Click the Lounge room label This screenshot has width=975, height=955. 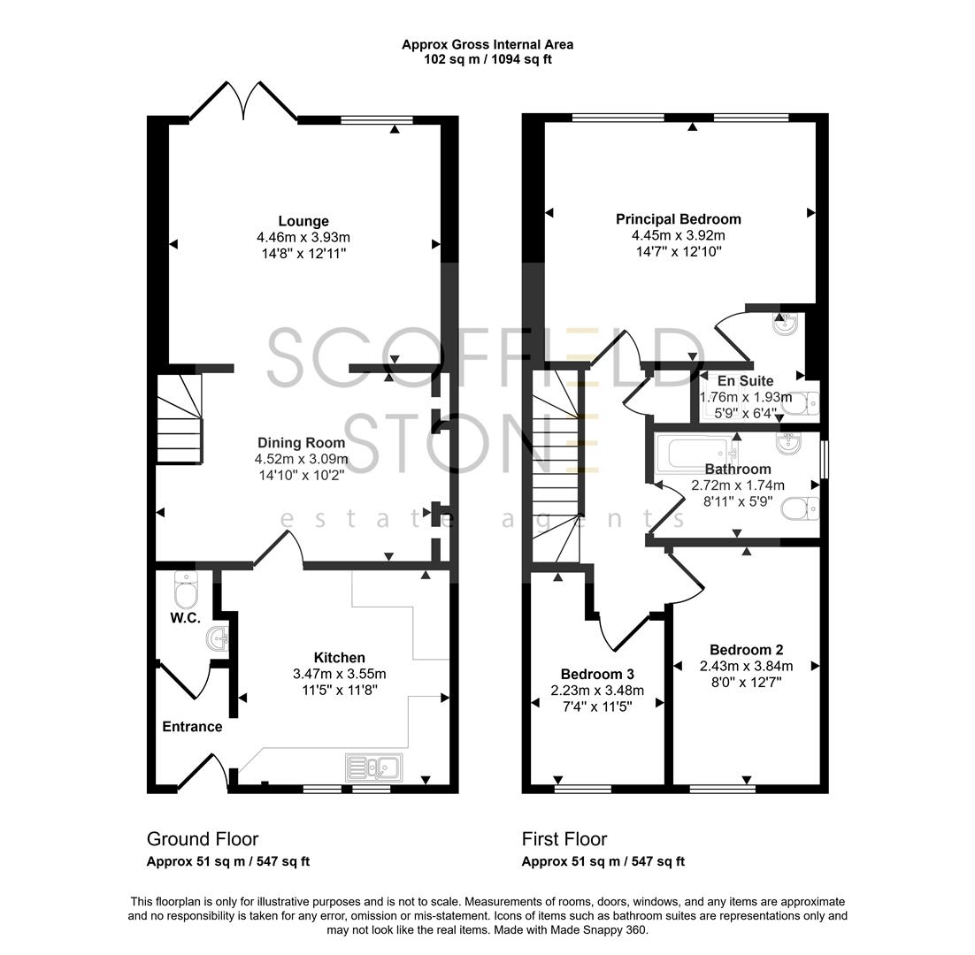pos(303,221)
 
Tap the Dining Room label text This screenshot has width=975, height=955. pos(301,443)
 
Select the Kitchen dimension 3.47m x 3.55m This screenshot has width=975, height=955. pos(341,674)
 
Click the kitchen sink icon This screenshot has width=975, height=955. pos(374,767)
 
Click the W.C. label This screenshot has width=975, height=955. pos(186,618)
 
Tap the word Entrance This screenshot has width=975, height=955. pos(192,727)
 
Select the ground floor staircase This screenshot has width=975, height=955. pos(180,418)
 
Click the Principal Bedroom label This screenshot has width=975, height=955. pos(679,219)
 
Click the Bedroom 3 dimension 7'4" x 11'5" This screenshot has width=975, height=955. pos(597,707)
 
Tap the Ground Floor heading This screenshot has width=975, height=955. pos(203,839)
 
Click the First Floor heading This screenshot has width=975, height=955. pos(564,839)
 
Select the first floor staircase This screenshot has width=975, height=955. pos(556,469)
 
